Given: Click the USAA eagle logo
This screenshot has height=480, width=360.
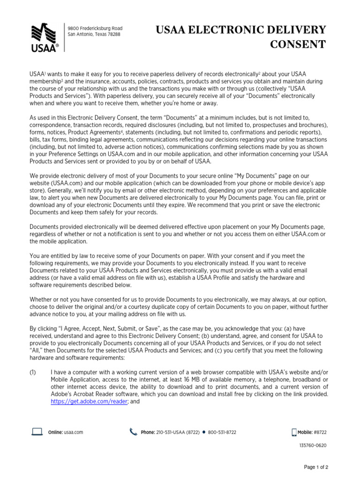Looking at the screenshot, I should [x=45, y=37].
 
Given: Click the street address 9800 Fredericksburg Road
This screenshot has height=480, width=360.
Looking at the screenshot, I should [x=95, y=29].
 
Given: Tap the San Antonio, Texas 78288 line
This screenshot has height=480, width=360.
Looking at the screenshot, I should [x=94, y=34].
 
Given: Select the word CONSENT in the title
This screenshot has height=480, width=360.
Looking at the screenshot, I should [x=299, y=45].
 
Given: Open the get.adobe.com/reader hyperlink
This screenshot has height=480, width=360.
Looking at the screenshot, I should [x=89, y=401].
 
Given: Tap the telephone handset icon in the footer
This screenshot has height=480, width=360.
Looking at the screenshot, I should [x=133, y=432].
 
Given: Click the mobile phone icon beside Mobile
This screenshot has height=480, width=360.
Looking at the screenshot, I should [x=294, y=432].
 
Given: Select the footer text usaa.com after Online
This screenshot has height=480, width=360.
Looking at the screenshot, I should [x=74, y=432].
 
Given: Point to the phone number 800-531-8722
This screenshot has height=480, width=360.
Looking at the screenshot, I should [x=222, y=432].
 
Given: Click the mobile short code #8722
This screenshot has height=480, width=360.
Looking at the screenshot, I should [x=320, y=432].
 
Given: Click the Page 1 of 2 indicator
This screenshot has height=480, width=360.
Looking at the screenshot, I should [x=316, y=467].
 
